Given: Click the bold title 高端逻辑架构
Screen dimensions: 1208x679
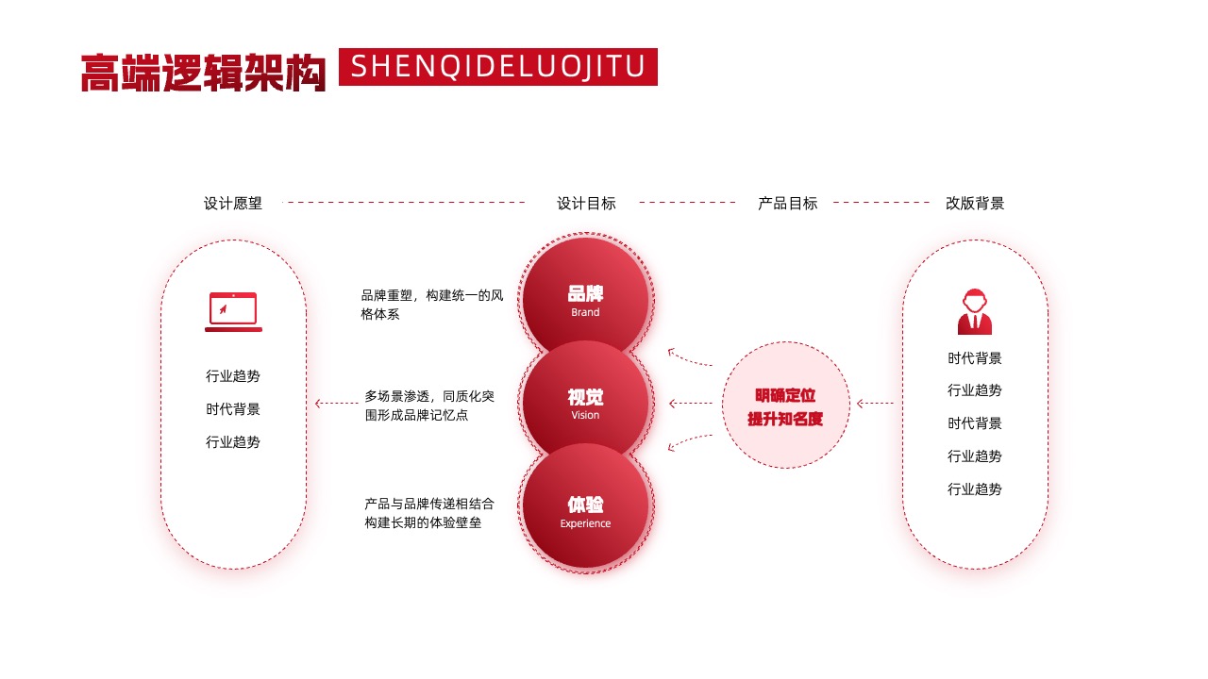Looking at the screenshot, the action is click(203, 73).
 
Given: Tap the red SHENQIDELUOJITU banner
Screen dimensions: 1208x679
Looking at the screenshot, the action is click(497, 67).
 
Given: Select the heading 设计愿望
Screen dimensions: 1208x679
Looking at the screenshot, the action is click(233, 203).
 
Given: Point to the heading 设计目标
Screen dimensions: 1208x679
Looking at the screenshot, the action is click(586, 203).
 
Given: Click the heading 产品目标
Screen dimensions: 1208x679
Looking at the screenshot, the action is click(787, 203).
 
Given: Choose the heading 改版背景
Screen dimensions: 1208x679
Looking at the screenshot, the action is click(975, 203).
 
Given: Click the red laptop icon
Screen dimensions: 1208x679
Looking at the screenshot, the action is click(233, 312).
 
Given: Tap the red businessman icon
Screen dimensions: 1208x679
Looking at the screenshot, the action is click(975, 311).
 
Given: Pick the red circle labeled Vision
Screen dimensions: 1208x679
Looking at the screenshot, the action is click(586, 403).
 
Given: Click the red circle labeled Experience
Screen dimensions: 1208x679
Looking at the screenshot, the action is click(586, 505).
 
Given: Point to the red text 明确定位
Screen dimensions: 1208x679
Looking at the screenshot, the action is click(785, 395).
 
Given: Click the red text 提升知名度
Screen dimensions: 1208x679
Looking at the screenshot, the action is click(785, 419).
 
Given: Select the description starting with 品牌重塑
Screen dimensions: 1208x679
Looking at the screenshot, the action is click(432, 305).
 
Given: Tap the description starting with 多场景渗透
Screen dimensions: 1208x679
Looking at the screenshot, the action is click(429, 406).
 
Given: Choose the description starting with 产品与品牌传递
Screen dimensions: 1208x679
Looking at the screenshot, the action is click(429, 513).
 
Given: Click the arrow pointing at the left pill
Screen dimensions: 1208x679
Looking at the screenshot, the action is click(337, 403).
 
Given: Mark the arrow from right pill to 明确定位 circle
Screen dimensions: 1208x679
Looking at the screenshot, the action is click(875, 403).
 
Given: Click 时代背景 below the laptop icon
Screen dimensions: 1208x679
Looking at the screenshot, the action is click(233, 409).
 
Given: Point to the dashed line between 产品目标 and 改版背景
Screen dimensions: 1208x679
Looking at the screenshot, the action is click(881, 203).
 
